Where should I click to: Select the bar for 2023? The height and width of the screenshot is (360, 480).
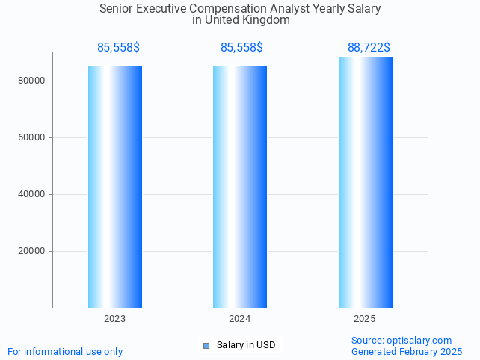point(115,187)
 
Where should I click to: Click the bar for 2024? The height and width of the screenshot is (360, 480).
point(240,187)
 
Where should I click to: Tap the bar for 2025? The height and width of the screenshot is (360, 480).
point(365,183)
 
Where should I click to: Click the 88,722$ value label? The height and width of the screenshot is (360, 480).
point(369,48)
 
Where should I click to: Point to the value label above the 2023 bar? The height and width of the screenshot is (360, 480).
point(118,48)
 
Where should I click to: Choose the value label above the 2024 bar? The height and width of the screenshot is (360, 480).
point(241,48)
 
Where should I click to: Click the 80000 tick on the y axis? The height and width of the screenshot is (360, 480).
point(32,81)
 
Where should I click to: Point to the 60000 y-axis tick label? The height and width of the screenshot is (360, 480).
point(32,137)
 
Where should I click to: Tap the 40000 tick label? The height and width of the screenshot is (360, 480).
point(32,194)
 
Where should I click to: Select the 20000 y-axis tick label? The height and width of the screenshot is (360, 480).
point(32,251)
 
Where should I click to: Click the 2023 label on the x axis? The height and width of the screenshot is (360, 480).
point(115,319)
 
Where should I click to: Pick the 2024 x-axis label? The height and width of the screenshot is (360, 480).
point(240,319)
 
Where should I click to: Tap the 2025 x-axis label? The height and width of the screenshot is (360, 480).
point(365,319)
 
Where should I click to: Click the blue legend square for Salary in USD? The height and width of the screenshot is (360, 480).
point(206,345)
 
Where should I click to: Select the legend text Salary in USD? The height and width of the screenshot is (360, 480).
point(246,345)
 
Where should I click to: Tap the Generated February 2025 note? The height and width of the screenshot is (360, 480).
point(406,351)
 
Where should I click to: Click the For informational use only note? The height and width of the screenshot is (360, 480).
point(65,351)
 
